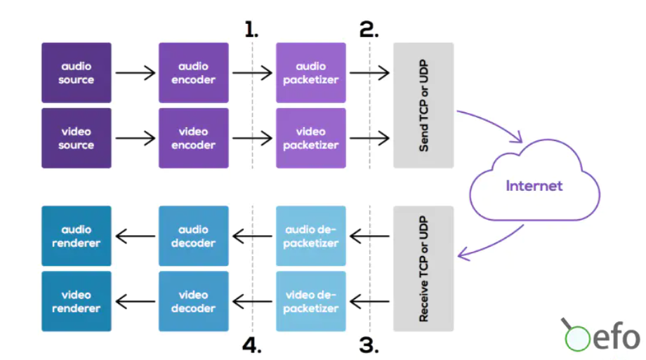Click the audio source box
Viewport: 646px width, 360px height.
(x=77, y=73)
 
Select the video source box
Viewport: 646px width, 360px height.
(x=77, y=138)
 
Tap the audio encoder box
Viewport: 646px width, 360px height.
(x=194, y=73)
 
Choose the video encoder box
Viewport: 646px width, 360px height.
(x=194, y=138)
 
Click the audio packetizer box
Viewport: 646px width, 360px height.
(x=311, y=73)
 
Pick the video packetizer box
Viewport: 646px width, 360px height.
(x=311, y=138)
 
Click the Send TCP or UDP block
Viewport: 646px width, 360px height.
(x=423, y=105)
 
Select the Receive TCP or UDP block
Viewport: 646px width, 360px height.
(x=423, y=269)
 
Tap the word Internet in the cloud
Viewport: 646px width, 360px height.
(x=534, y=186)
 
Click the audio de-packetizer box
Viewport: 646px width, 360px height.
(x=311, y=236)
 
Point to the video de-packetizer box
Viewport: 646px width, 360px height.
(x=311, y=302)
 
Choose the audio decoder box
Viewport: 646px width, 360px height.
(x=194, y=236)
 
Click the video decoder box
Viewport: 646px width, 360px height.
(x=194, y=302)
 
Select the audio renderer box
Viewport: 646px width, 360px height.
(x=77, y=236)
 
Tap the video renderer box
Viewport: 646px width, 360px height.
(x=77, y=302)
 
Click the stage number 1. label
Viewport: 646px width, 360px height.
(x=251, y=29)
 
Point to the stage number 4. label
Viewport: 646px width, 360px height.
(x=251, y=345)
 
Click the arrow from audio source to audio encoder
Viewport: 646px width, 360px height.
(x=135, y=73)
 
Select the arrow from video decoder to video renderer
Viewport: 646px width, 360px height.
(x=135, y=302)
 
